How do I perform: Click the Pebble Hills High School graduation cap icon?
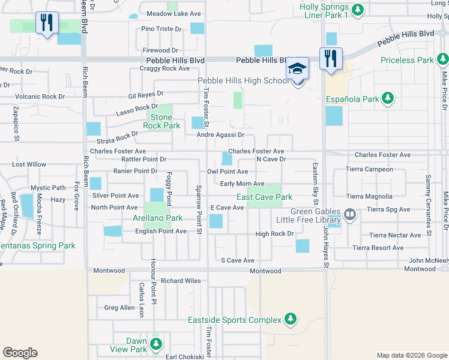(297, 68)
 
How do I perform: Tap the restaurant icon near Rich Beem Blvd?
(46, 23)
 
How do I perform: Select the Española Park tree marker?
(388, 98)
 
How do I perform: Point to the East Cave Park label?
(264, 197)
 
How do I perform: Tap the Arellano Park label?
(157, 218)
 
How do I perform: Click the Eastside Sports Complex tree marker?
(291, 318)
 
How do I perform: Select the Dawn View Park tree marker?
(156, 344)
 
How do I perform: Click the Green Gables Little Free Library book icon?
(350, 214)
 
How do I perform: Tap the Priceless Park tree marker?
(442, 60)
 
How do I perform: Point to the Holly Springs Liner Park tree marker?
(358, 10)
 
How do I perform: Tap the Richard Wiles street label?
(181, 280)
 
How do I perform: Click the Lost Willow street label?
(29, 164)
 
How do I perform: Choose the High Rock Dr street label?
(274, 234)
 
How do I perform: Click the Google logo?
(20, 353)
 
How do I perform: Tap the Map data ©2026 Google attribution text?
(411, 355)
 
